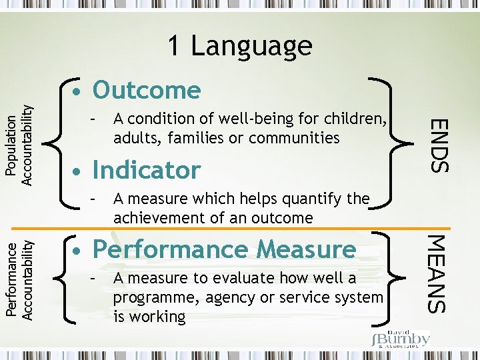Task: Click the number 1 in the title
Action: click(x=173, y=45)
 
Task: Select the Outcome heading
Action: click(x=147, y=90)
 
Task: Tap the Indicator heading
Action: click(x=147, y=170)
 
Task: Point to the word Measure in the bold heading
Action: click(x=306, y=249)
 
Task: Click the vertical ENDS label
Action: click(x=437, y=144)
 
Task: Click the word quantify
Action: click(x=307, y=199)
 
